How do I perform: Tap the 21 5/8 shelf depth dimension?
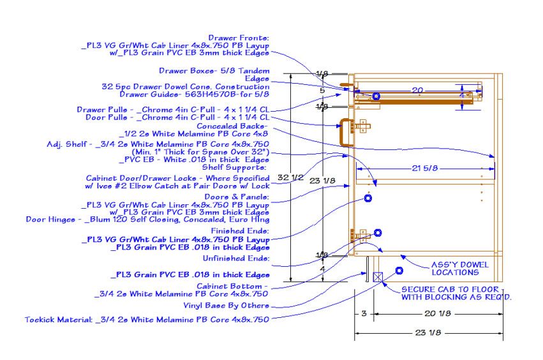pyautogui.click(x=424, y=168)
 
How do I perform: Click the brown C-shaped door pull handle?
pyautogui.click(x=345, y=132)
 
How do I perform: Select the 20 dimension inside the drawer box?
pyautogui.click(x=417, y=90)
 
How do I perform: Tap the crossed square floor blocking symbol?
pyautogui.click(x=378, y=277)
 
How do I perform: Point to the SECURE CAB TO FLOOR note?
pyautogui.click(x=457, y=293)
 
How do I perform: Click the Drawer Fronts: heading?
pyautogui.click(x=239, y=38)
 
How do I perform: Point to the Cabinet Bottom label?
pyautogui.click(x=233, y=286)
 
